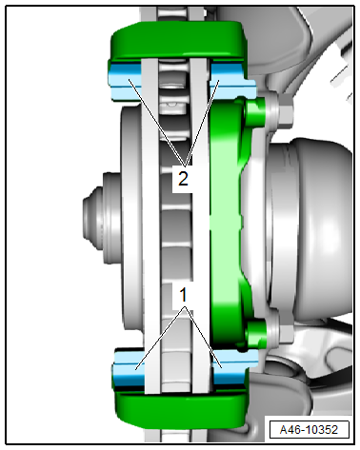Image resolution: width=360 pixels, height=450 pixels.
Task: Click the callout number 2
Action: click(x=183, y=179)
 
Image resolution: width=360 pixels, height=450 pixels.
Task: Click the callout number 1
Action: click(x=183, y=295)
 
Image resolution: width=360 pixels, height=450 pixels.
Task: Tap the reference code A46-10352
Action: click(x=309, y=430)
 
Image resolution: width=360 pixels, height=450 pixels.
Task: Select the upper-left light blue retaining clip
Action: click(x=125, y=81)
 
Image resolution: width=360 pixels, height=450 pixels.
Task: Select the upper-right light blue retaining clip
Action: click(x=231, y=81)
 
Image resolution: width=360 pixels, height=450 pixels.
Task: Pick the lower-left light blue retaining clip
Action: click(x=129, y=368)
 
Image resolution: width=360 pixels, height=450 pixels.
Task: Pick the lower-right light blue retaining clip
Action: click(x=234, y=367)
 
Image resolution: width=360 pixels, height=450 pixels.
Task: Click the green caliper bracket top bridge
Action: click(x=178, y=41)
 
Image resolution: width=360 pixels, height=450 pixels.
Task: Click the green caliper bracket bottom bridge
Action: click(x=180, y=408)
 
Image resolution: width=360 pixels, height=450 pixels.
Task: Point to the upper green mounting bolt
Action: click(x=255, y=111)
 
